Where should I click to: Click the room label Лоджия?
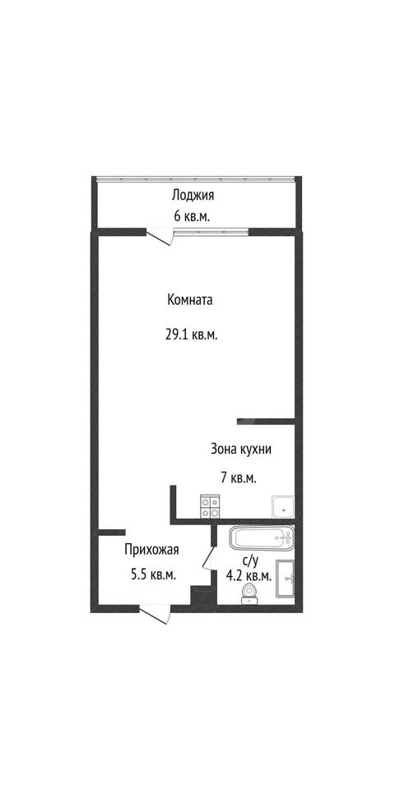coord(193,196)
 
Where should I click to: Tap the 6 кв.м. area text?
coord(192,217)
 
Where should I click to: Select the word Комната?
coord(190,301)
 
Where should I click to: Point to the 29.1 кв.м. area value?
coord(192,335)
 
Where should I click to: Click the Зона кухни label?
coord(241,450)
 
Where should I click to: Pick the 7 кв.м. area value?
coord(239,478)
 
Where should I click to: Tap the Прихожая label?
coord(151,550)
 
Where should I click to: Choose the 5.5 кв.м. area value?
coord(153,575)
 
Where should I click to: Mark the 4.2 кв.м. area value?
coord(249,577)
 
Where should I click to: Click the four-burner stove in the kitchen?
coord(210,507)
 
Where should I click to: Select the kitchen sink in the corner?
coord(282,507)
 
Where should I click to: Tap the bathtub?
coord(262,538)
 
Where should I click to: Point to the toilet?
coord(249,593)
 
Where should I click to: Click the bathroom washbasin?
coord(286,579)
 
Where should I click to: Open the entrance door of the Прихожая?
coord(155,615)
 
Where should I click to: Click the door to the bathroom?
coord(207,560)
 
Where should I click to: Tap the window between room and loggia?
coord(211,232)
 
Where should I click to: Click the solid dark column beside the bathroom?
coord(201,597)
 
